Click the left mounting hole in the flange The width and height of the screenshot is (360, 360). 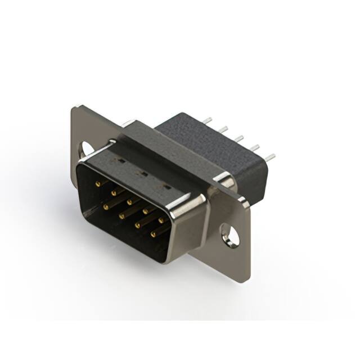point(87,148)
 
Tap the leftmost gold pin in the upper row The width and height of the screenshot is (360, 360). point(100,183)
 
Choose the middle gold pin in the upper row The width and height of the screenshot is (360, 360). point(130,199)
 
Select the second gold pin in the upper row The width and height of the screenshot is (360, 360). point(115,191)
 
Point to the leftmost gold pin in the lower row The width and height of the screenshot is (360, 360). point(106,206)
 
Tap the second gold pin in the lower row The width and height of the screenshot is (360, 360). point(121,214)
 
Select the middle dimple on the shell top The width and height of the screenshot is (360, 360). point(143,174)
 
